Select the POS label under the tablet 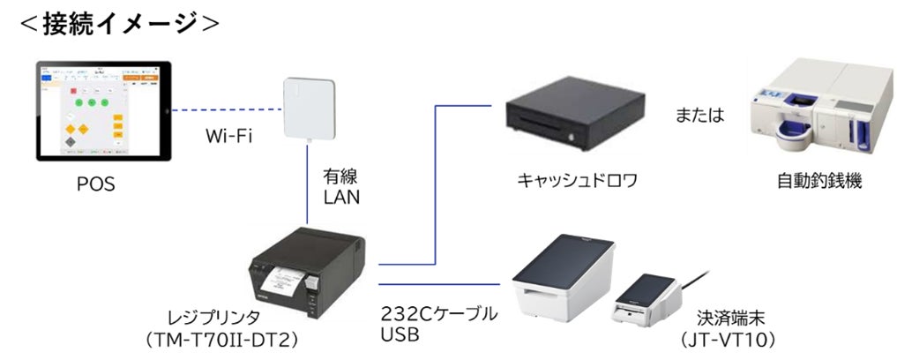pos(94,184)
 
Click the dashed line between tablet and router pos(224,110)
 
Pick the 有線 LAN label pos(340,188)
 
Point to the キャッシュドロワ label pos(577,182)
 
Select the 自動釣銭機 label pos(819,182)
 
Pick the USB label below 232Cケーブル pos(399,336)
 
